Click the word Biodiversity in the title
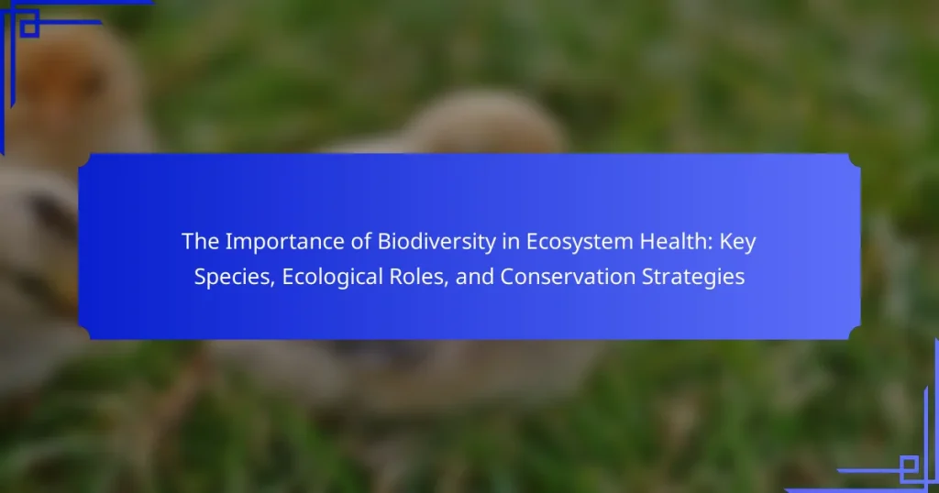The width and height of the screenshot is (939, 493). coord(436,242)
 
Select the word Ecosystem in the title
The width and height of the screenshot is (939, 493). coord(580,242)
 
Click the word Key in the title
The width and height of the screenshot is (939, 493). coord(738,242)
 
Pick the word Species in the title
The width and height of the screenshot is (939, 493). coord(234,278)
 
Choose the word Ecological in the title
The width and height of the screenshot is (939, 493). coord(333,278)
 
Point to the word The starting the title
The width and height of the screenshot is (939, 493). coord(201,241)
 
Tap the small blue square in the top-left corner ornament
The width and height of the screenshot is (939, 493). coord(28,27)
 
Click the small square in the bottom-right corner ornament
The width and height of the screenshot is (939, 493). coord(909,465)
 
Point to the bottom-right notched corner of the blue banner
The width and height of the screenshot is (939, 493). coord(855,334)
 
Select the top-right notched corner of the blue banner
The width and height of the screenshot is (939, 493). coord(855,159)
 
